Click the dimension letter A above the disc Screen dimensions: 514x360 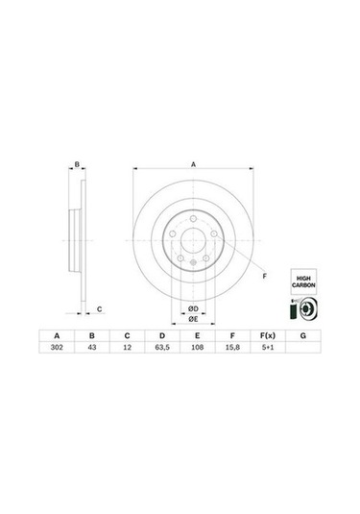click(193, 165)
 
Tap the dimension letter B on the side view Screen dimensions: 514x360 click(77, 165)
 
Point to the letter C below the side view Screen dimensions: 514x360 click(99, 307)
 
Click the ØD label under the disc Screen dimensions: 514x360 click(193, 306)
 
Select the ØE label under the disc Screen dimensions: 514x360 click(193, 319)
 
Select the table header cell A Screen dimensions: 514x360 click(55, 337)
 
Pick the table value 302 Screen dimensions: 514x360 click(55, 351)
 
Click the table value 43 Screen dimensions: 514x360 click(91, 351)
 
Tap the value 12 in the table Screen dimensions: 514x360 click(126, 351)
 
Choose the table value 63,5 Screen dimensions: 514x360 click(161, 351)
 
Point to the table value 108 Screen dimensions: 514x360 click(197, 351)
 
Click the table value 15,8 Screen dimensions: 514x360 click(232, 351)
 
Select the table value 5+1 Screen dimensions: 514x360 click(268, 351)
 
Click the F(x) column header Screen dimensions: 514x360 click(268, 337)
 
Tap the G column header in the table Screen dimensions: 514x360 click(303, 337)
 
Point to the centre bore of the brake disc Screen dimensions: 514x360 click(193, 246)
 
